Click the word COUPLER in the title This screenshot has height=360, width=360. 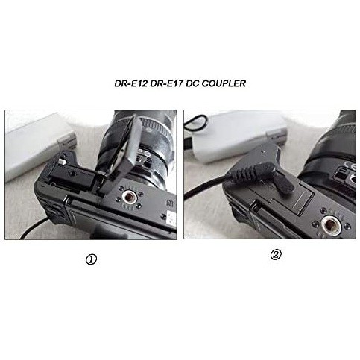224,83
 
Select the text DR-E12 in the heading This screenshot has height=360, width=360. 131,83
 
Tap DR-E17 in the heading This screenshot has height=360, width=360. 166,83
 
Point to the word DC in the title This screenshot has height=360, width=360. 192,83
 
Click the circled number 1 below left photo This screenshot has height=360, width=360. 91,260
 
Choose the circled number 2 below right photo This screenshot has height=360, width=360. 276,255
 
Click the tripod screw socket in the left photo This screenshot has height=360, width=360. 129,198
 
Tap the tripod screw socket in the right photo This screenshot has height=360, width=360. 331,226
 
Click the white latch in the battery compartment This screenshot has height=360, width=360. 62,162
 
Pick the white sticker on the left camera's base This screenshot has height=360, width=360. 171,218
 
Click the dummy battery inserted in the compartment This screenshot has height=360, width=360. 72,176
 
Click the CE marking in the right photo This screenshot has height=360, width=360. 350,165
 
